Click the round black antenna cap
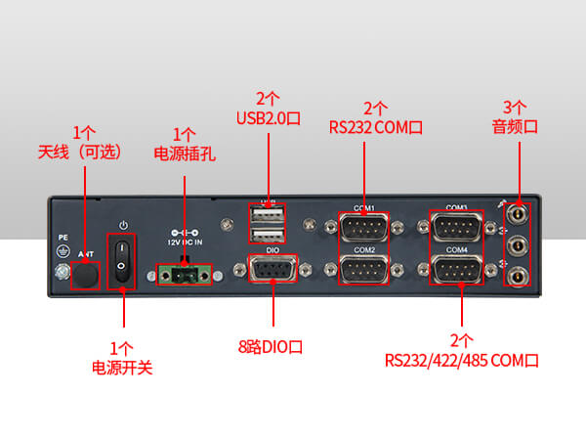86,277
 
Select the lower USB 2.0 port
266,235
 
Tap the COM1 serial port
364,228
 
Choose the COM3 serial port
457,228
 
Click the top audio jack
519,208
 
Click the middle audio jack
519,242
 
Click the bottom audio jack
519,277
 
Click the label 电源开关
122,369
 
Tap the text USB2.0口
268,118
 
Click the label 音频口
516,126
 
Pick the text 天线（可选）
84,152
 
